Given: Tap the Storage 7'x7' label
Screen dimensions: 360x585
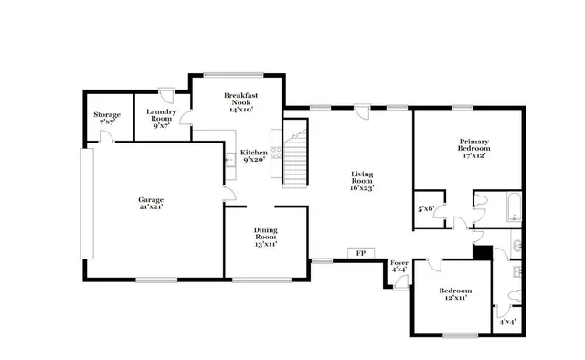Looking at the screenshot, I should [x=107, y=119].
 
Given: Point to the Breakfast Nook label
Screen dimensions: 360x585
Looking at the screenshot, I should [x=241, y=101].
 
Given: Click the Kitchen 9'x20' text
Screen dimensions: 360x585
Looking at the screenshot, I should [x=253, y=156].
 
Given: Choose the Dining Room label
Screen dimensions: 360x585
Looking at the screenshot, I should [x=265, y=240].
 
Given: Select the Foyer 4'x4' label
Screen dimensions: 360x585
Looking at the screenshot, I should [x=399, y=267].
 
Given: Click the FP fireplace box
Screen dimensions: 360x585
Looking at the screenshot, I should [x=360, y=253].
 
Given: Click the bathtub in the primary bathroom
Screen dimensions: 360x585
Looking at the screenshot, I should [x=512, y=207].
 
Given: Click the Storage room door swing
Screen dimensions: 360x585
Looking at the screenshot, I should [x=107, y=137].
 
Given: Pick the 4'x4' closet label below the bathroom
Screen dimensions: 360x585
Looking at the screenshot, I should [x=506, y=321].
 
